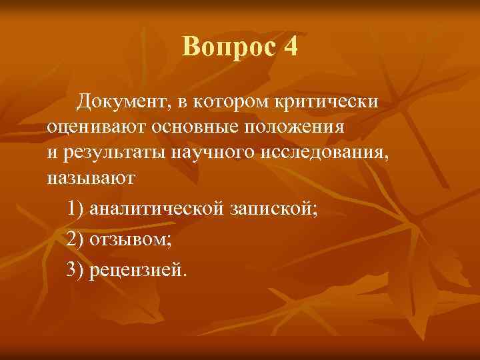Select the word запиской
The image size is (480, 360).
point(273,209)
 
